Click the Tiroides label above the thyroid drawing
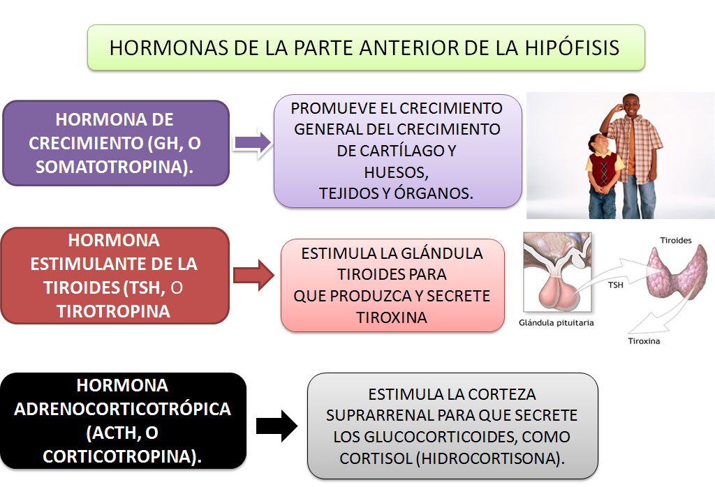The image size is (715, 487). point(676,240)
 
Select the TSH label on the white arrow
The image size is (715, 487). point(615,285)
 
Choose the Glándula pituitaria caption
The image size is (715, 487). point(557,323)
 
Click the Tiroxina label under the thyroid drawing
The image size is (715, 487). point(644,341)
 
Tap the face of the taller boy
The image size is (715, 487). point(631,107)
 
